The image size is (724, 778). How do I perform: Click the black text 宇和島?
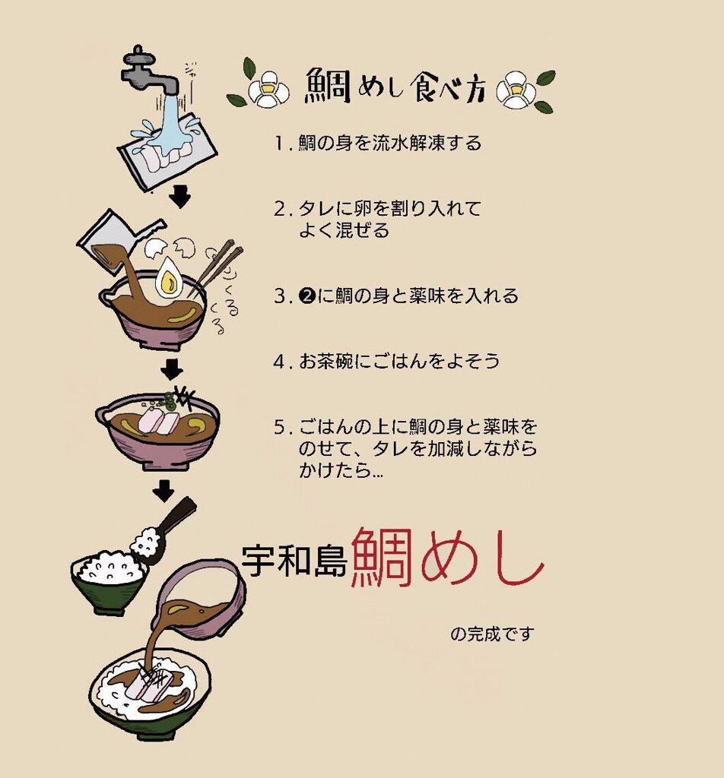click(x=294, y=561)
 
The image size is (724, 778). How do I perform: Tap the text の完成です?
click(x=492, y=634)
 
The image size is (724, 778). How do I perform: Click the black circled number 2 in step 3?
click(x=307, y=296)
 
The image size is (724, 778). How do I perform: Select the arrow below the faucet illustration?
click(x=179, y=197)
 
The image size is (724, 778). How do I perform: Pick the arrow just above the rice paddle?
click(x=164, y=490)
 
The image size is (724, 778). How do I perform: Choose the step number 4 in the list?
click(x=279, y=361)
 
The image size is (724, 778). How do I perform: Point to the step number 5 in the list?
click(x=280, y=427)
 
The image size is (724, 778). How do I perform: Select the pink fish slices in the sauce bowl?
click(x=158, y=419)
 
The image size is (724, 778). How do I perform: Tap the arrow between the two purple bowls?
click(x=172, y=370)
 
